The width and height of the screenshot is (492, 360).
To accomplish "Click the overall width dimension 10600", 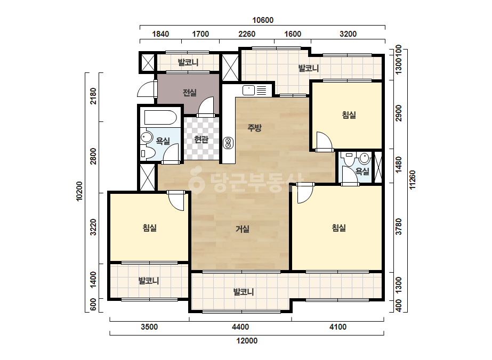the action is tap(263, 20).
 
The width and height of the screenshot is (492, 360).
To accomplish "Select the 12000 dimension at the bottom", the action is tap(247, 340).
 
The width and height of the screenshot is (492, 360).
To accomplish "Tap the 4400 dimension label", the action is tap(240, 327).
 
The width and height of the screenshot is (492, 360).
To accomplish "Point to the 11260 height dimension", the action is tap(412, 179).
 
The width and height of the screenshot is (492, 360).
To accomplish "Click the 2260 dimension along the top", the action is tap(247, 34).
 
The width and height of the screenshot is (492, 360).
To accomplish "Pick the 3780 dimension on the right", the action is tap(399, 227).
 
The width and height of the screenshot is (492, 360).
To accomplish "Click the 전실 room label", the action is tap(190, 93).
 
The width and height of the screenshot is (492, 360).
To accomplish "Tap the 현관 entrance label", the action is tap(201, 139).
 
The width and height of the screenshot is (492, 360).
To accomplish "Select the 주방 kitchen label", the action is tap(254, 127).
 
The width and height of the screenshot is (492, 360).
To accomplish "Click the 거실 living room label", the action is tap(243, 229).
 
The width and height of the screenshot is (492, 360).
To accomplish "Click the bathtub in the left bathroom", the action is tap(160, 117).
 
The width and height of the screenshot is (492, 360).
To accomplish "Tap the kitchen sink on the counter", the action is tap(248, 91).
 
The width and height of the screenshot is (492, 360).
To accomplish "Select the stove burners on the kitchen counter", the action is tap(228, 143).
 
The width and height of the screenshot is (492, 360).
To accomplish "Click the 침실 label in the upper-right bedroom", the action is tap(349, 115).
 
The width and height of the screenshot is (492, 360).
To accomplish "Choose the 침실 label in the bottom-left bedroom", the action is tap(150, 228).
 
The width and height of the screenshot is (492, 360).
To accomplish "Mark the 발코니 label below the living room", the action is tap(244, 292).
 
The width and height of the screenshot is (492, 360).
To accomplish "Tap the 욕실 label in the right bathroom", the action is tap(362, 171).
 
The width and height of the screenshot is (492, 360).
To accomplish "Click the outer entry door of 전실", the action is tap(147, 89).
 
